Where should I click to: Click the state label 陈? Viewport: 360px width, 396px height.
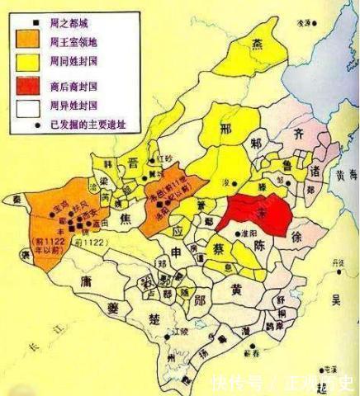click(x=260, y=246)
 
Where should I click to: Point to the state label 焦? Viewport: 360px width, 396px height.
click(x=126, y=219)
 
